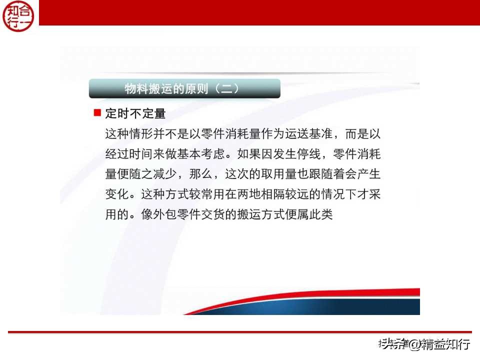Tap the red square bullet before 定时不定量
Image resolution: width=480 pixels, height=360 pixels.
[97, 113]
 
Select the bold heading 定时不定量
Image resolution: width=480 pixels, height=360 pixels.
[135, 113]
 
